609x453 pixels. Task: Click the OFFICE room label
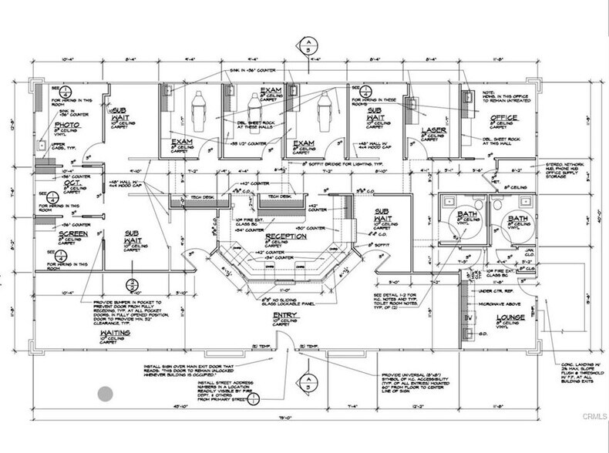(x=504, y=118)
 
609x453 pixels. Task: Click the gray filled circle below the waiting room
(x=104, y=394)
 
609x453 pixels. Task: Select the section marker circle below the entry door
(x=307, y=383)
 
